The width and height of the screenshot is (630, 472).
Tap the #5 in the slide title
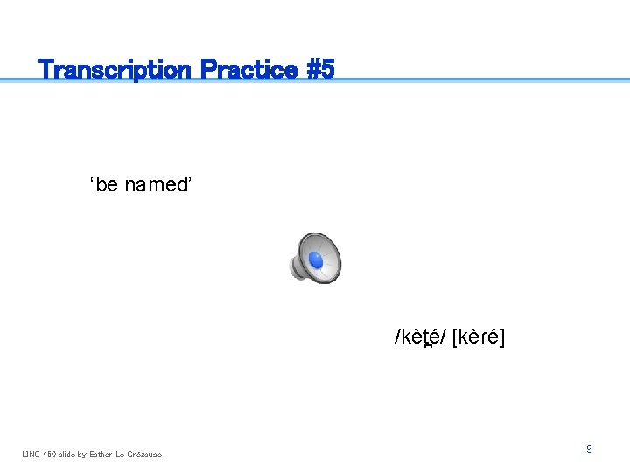321,69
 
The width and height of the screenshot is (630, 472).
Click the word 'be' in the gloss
104,185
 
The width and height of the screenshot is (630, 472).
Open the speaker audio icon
315,258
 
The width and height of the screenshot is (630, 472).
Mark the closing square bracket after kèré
502,337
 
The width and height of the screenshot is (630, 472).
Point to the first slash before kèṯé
397,337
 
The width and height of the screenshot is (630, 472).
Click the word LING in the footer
31,454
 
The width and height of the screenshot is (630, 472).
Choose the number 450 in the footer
49,454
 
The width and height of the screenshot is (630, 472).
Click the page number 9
589,448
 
